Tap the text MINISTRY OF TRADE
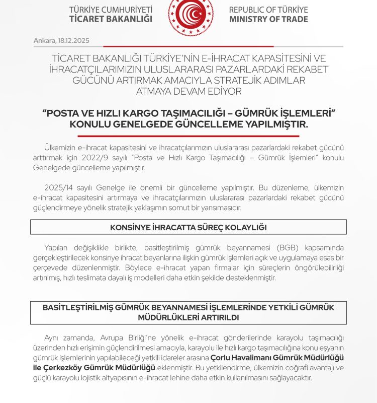pos(268,20)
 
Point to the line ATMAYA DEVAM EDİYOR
pos(189,91)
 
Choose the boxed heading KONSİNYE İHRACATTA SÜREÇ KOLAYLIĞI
pos(189,228)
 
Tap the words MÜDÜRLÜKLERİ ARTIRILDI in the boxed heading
pos(189,318)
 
